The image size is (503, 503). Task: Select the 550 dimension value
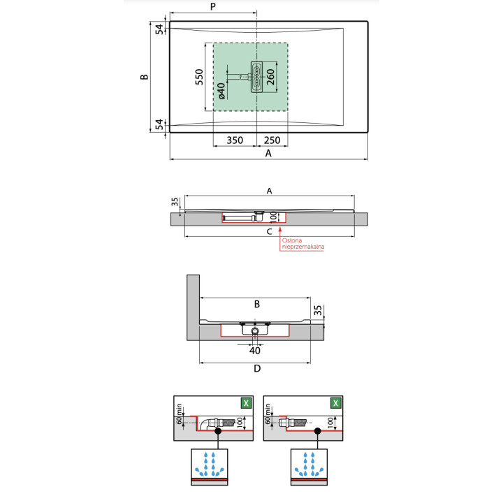(199, 77)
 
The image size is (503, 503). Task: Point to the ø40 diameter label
(221, 92)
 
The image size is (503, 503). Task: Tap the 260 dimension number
(270, 77)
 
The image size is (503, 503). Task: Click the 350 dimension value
(235, 140)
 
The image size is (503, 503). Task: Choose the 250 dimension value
(272, 140)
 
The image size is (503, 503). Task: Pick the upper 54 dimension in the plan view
(159, 29)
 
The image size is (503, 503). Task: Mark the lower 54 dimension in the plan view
(159, 124)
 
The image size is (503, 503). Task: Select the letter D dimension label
(256, 368)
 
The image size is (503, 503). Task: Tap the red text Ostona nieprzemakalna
(303, 245)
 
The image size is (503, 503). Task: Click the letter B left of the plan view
(143, 77)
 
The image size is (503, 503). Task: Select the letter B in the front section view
(256, 305)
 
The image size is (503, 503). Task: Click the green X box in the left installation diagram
(245, 403)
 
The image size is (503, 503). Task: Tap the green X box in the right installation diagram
(336, 403)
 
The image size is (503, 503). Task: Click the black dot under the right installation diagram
(315, 432)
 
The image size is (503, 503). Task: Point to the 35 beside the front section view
(318, 309)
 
